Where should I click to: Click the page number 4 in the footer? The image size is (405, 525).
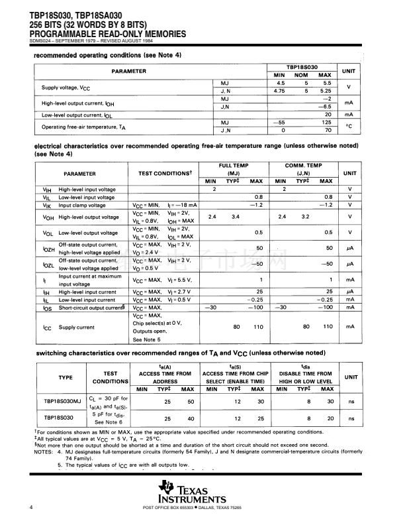tap(31, 508)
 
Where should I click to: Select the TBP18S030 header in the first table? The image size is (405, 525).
tap(302, 68)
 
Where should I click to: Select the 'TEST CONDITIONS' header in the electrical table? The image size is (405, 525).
tap(165, 173)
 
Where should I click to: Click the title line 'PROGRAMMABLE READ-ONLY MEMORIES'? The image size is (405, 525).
tap(99, 34)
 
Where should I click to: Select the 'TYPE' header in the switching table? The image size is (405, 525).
tap(62, 377)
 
